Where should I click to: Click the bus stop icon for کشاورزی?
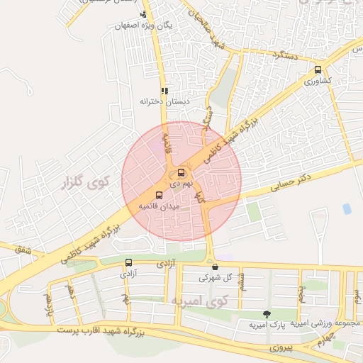[318, 70]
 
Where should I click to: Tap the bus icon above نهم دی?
[181, 173]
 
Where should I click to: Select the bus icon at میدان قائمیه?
[158, 195]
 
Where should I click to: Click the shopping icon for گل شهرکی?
[215, 267]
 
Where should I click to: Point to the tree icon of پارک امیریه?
[267, 314]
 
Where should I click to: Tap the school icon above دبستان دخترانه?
[164, 91]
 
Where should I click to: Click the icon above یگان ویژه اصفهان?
[144, 14]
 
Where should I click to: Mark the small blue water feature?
[346, 208]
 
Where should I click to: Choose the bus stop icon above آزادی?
[128, 262]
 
